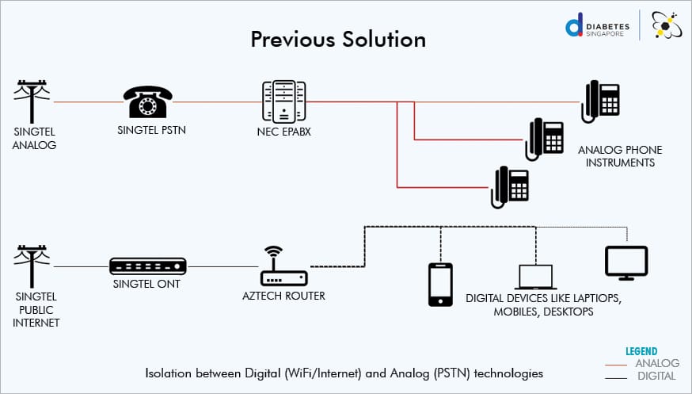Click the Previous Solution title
[338, 40]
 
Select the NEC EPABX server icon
[283, 101]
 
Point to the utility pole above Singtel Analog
[32, 101]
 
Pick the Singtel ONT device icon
[147, 266]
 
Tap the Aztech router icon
[283, 268]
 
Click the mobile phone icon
[439, 284]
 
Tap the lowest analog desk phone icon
[510, 187]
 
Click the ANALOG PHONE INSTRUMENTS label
[620, 156]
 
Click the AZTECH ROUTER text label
[283, 296]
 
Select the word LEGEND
[641, 351]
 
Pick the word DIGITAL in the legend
[656, 376]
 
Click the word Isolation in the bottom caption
[168, 372]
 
